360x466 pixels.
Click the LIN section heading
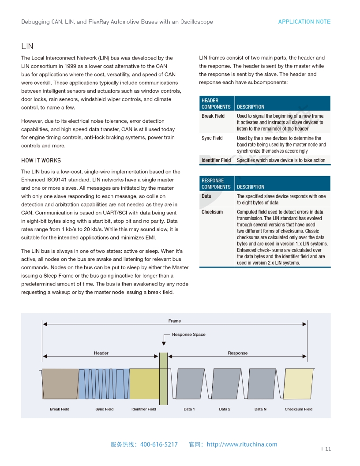(x=27, y=46)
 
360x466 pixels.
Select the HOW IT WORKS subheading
(x=41, y=161)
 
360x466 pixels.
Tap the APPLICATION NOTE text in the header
(x=304, y=22)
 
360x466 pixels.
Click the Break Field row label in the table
(x=213, y=116)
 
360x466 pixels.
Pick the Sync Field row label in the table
(x=212, y=138)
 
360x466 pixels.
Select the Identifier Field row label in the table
(x=216, y=160)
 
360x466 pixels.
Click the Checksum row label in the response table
(x=212, y=212)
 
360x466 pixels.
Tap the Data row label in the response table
(x=206, y=196)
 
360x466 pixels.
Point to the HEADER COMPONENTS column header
(x=216, y=104)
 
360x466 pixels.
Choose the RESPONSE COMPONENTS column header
(x=216, y=184)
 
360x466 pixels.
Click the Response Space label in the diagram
(x=188, y=334)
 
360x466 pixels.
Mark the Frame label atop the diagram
(x=175, y=321)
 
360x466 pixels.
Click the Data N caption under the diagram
(x=260, y=409)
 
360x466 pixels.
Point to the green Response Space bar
(x=163, y=379)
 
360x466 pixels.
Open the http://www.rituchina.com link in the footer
(x=242, y=444)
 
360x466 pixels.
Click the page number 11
(x=328, y=449)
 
